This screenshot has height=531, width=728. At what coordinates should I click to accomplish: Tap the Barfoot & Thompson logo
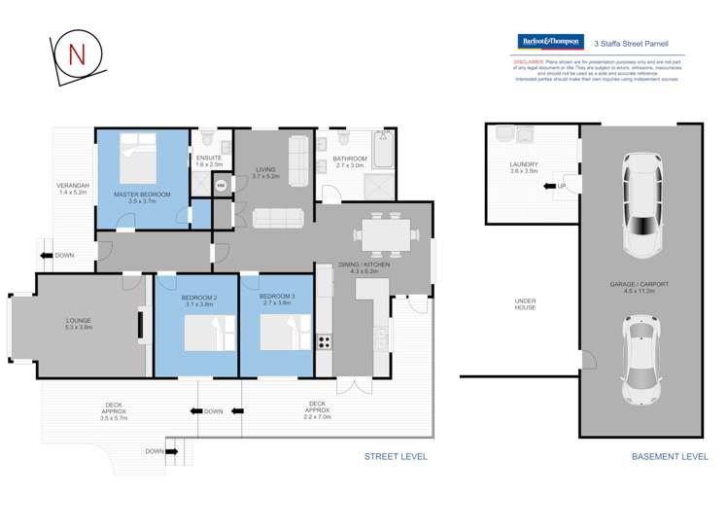pos(549,42)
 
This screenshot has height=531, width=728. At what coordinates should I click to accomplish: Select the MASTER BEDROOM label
pos(142,195)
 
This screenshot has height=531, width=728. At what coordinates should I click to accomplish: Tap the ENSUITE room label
pos(208,158)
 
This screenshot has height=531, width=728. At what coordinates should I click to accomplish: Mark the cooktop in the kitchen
pos(325,341)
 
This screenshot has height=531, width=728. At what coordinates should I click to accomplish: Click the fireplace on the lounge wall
pos(141,325)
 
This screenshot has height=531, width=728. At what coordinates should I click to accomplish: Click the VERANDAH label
pos(73,189)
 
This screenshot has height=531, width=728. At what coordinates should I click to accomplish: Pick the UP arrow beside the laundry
pos(560,186)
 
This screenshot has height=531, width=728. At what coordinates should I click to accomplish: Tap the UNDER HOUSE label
pos(525,304)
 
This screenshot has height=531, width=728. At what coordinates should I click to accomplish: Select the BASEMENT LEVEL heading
pos(670,456)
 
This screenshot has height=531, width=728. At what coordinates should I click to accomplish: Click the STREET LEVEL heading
pos(395,456)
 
